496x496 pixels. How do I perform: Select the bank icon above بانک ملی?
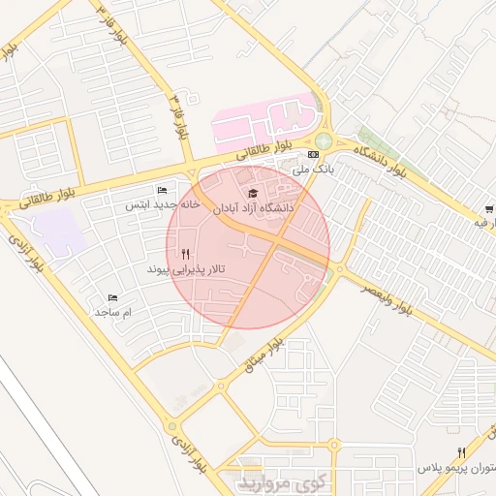point(313,154)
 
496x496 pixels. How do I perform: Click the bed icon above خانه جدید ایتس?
point(162,190)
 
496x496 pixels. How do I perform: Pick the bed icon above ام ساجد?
point(113,298)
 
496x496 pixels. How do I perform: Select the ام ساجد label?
point(112,313)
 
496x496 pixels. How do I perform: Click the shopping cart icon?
point(489,208)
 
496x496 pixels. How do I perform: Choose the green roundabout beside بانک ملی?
point(324,141)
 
